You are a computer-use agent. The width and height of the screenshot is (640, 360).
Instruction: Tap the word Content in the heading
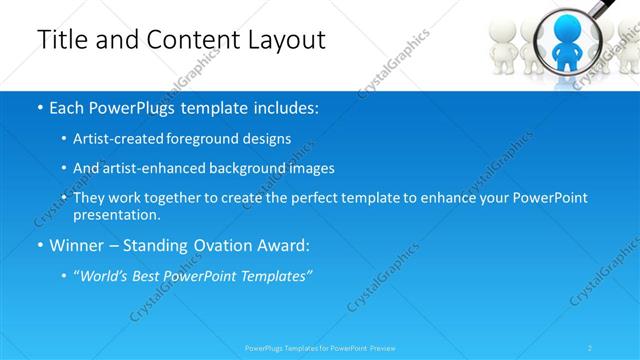pos(187,40)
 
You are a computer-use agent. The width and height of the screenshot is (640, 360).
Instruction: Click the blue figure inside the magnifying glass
pos(566,40)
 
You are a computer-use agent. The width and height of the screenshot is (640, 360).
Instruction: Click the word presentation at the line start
pos(116,215)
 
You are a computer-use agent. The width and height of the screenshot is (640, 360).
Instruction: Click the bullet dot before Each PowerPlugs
pos(40,107)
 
